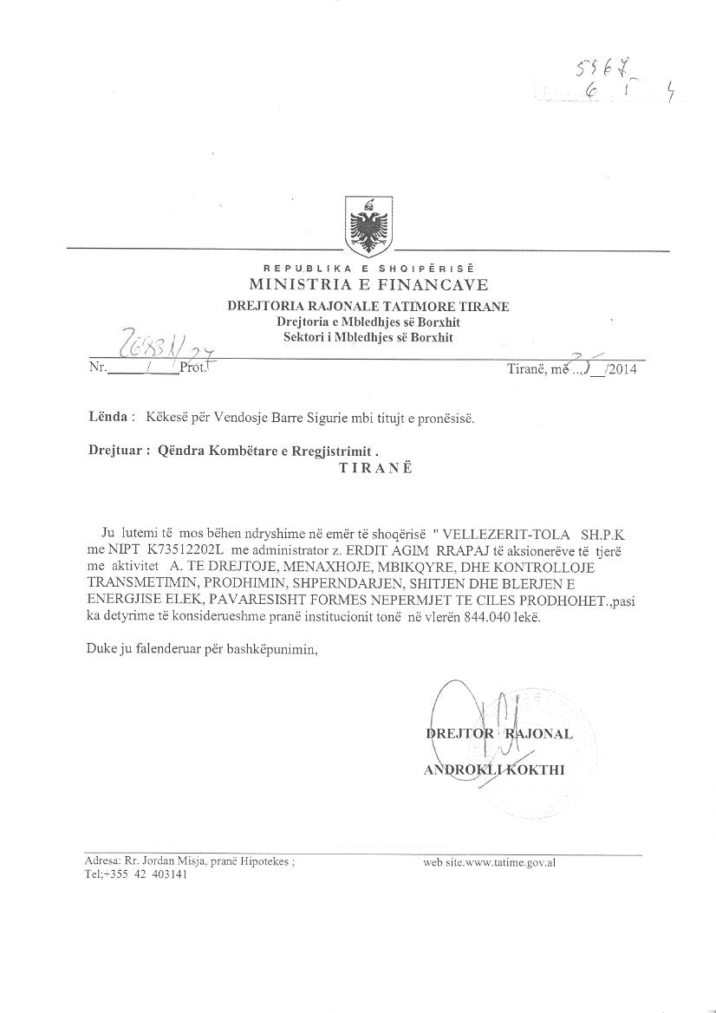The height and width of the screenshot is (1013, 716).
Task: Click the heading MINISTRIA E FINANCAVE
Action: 368,285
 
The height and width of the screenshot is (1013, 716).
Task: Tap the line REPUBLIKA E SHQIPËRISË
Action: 368,269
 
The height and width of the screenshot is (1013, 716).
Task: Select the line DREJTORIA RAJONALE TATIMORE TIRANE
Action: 368,306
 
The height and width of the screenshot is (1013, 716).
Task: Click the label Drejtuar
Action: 115,451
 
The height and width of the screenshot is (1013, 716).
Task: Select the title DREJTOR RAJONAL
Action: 498,734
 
